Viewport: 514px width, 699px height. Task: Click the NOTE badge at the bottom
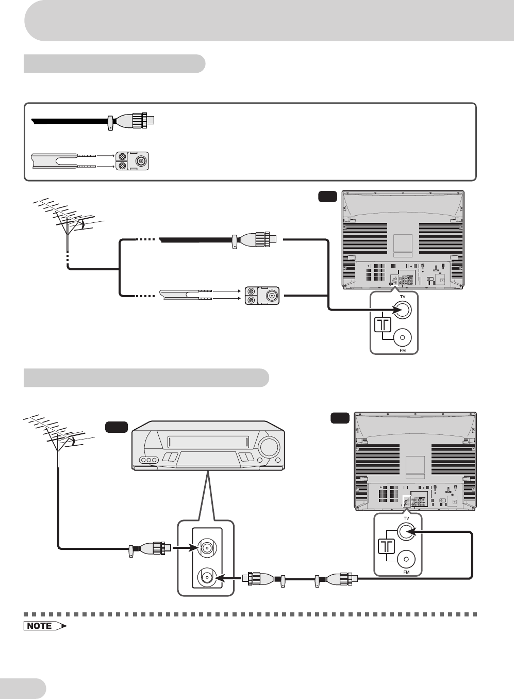pos(45,626)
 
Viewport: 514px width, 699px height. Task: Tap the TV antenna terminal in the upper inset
pos(402,310)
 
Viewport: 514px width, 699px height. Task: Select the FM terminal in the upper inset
pos(402,338)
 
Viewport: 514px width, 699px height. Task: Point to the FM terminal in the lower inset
pos(406,559)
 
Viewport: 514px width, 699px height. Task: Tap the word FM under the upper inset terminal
pos(403,350)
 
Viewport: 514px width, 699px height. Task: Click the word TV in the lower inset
pos(406,518)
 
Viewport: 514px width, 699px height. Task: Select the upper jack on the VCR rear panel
pos(206,548)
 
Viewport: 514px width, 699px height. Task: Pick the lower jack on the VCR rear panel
pos(206,578)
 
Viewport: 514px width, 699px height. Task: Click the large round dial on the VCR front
pos(269,447)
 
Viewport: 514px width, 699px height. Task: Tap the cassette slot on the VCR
pos(208,442)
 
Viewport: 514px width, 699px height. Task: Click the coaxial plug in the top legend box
pos(131,120)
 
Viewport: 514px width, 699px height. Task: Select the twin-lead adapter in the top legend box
pos(132,161)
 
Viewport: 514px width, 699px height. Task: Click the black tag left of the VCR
pos(117,427)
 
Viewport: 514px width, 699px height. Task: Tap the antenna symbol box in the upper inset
pos(382,325)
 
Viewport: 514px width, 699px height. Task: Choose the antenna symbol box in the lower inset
pos(387,546)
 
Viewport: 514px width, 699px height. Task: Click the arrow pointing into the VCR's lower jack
pos(228,578)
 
